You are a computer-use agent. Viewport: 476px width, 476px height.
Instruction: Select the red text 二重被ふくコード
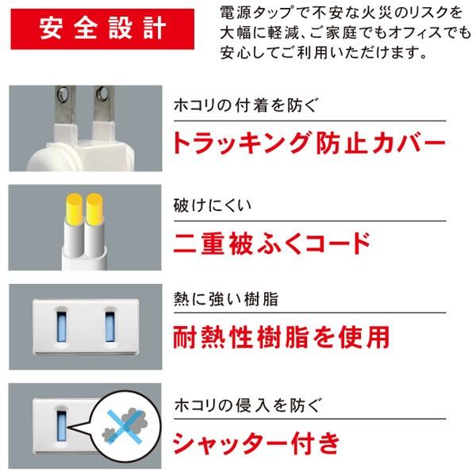click(x=271, y=240)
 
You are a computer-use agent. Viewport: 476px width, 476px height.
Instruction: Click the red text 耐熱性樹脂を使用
click(x=281, y=336)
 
